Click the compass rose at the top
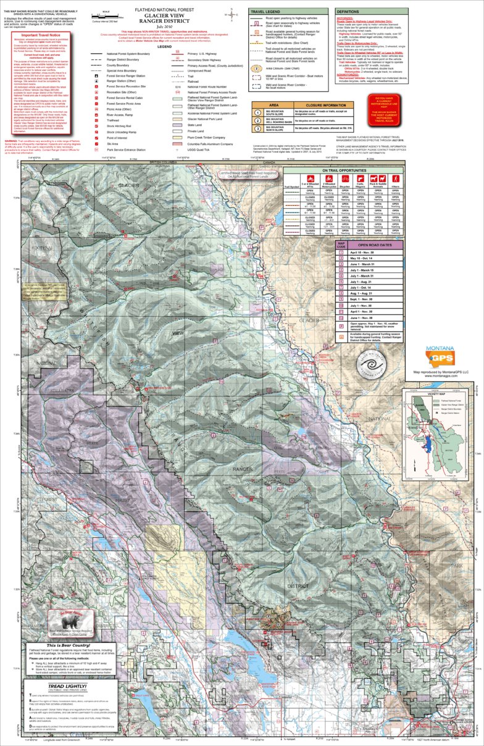point(230,14)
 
